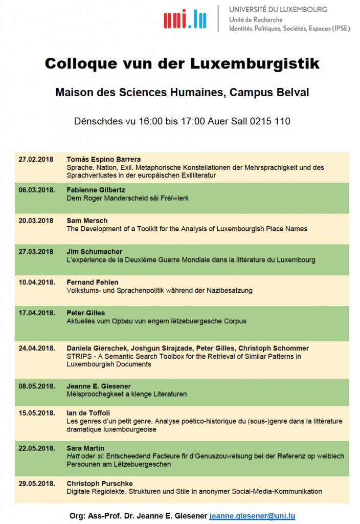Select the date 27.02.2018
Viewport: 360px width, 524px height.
click(x=36, y=159)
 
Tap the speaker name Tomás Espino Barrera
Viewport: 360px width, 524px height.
click(x=104, y=159)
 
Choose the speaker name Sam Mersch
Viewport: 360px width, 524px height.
click(x=87, y=221)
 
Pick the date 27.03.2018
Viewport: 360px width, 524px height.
click(x=36, y=251)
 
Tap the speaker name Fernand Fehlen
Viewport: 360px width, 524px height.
click(x=92, y=282)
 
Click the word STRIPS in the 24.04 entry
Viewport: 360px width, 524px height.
click(x=78, y=356)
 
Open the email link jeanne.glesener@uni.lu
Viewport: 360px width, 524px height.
click(x=252, y=516)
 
